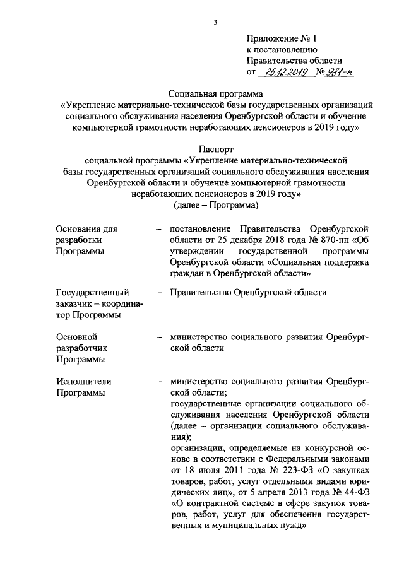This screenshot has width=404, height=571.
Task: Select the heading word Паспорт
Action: tap(216, 150)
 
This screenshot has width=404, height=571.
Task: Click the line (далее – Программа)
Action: tap(216, 206)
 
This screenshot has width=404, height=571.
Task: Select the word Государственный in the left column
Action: tap(93, 293)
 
